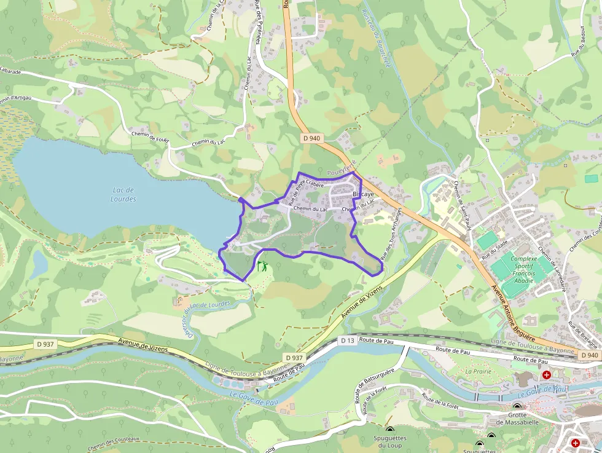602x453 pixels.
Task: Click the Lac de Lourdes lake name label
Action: pyautogui.click(x=123, y=194)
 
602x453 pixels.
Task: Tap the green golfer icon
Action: pyautogui.click(x=262, y=267)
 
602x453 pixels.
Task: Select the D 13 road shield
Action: pyautogui.click(x=348, y=340)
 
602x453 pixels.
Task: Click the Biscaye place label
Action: pyautogui.click(x=364, y=194)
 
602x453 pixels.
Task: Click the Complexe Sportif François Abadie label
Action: pyautogui.click(x=523, y=269)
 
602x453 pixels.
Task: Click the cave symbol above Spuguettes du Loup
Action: pyautogui.click(x=389, y=430)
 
